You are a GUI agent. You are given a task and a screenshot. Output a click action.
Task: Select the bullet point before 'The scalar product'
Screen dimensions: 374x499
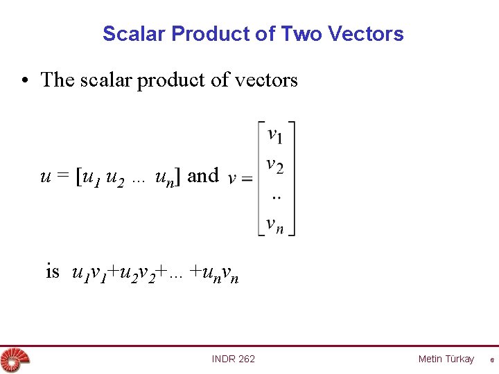tap(25, 80)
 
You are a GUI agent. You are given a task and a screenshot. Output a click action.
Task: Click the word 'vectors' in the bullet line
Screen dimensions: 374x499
tap(266, 80)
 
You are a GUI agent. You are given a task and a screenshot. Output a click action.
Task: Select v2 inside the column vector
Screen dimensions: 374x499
tap(275, 166)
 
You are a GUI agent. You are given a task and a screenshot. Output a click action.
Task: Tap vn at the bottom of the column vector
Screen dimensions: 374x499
tap(275, 224)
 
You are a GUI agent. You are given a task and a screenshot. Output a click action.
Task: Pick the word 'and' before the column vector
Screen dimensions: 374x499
tap(203, 176)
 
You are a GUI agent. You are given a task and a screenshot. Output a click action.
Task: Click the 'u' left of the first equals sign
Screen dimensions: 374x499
tap(46, 177)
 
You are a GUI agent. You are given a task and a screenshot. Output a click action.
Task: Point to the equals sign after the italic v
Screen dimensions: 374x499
tap(246, 179)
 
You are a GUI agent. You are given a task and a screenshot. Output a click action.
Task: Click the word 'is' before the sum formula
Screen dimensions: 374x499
tap(53, 271)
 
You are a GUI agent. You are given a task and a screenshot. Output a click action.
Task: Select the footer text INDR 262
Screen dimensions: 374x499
tap(234, 359)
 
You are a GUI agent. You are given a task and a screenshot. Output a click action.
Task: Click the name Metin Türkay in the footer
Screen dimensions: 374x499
tap(446, 359)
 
